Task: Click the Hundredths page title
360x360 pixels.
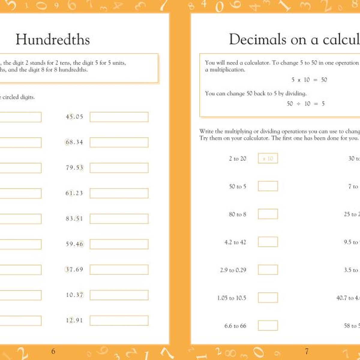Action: click(x=53, y=40)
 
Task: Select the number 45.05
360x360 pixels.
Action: click(x=74, y=117)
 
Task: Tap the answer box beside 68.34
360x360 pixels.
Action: click(x=119, y=142)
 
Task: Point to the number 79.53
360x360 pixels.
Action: click(x=74, y=168)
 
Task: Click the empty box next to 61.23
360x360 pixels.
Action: click(x=119, y=193)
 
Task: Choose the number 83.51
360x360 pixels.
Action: click(x=74, y=219)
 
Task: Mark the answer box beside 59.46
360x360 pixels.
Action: click(x=119, y=244)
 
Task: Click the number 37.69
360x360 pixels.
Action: click(x=74, y=269)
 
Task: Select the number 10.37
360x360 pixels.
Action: click(x=74, y=295)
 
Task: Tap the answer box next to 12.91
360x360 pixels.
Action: click(x=119, y=320)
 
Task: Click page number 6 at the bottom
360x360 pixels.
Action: click(x=53, y=351)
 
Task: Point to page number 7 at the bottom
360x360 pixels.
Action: click(x=307, y=351)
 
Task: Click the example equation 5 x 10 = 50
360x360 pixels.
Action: click(x=309, y=80)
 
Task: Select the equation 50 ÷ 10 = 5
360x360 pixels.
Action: click(x=306, y=104)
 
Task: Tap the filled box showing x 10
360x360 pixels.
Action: click(x=268, y=158)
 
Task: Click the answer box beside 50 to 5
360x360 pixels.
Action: click(x=268, y=186)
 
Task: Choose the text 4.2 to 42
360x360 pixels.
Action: click(x=235, y=242)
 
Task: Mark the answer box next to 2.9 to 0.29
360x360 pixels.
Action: click(x=268, y=270)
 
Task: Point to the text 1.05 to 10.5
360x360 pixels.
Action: click(x=232, y=298)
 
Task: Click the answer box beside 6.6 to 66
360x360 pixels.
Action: click(x=268, y=325)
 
